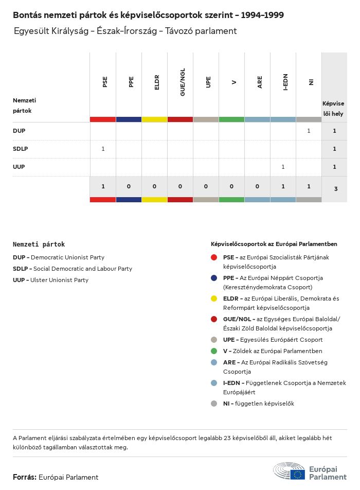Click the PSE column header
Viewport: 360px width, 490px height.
(105, 81)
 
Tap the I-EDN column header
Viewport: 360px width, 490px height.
(285, 81)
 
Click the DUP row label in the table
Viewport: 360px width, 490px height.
(19, 131)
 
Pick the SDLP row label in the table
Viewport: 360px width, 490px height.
(20, 149)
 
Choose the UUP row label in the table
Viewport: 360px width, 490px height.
(19, 167)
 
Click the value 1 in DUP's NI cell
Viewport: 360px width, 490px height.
(309, 131)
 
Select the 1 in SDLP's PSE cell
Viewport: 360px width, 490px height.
(103, 149)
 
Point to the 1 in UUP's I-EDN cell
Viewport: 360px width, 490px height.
(283, 167)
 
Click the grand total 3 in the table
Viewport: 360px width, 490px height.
(335, 189)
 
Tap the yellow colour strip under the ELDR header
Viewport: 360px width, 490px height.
(154, 119)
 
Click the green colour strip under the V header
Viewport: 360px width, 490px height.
(231, 119)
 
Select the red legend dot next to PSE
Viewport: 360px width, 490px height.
(214, 257)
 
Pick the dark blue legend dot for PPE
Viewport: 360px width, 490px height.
(214, 277)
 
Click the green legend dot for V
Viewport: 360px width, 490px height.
(214, 351)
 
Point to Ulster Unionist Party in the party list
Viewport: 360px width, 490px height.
(59, 280)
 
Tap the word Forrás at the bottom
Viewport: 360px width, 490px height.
(24, 477)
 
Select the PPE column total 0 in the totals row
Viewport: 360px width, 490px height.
(129, 186)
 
